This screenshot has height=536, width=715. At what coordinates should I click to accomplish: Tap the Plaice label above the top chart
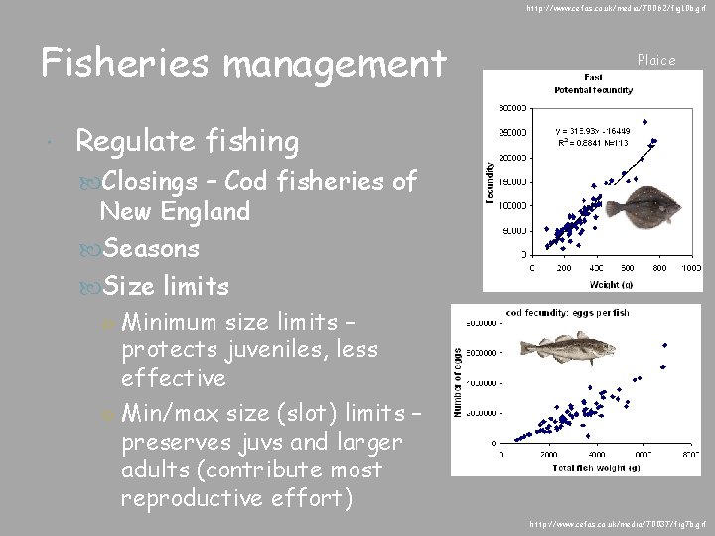click(655, 60)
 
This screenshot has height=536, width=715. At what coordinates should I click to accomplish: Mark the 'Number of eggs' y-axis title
click(460, 381)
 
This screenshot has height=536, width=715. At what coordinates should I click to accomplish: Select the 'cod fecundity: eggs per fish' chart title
click(569, 314)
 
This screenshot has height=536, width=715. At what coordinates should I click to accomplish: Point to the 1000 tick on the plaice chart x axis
click(692, 269)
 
